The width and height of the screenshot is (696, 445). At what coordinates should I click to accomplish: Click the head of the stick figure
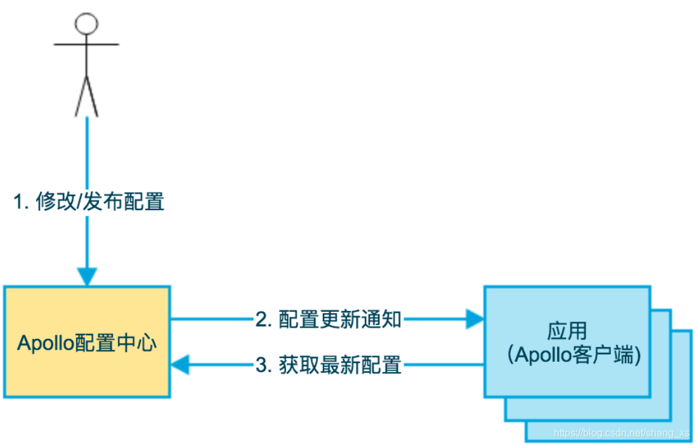point(86,23)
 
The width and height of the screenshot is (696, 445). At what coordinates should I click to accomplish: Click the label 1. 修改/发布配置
point(89,202)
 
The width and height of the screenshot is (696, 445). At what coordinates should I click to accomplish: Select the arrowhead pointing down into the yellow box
point(87,277)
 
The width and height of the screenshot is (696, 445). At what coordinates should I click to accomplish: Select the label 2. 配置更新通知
point(329,319)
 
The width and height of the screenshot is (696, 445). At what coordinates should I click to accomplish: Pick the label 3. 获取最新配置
point(329,365)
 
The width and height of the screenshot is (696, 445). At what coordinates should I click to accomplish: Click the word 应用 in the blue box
point(567,331)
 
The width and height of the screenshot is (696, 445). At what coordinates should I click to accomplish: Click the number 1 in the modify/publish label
point(19,202)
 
